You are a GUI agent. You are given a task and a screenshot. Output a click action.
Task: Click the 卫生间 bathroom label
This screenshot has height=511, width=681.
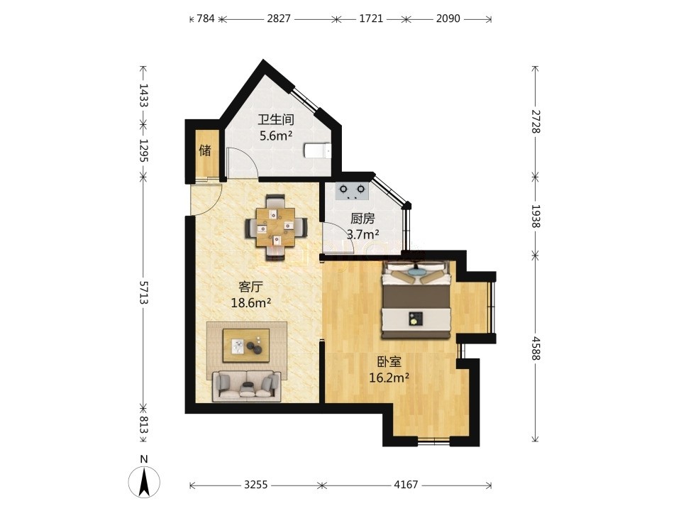tap(276, 119)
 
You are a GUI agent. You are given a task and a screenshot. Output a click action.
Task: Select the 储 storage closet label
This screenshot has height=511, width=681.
tap(205, 150)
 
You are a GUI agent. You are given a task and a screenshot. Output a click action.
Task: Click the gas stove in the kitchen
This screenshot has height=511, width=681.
tap(353, 191)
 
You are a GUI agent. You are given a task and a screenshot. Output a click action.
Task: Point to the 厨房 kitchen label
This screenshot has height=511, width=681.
tap(362, 218)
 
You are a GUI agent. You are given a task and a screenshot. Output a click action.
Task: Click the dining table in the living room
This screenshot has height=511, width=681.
tap(275, 228)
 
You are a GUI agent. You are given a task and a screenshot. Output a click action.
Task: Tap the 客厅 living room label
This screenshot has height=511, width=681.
tap(251, 287)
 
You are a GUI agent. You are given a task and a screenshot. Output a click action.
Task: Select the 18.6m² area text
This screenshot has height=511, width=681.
tap(251, 303)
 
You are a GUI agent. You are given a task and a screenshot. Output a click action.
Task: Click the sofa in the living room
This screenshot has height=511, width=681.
tap(246, 386)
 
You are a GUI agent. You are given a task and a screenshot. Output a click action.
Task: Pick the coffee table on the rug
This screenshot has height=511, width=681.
tap(246, 345)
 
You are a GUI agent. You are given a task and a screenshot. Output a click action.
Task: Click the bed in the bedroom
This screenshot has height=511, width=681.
tap(416, 299)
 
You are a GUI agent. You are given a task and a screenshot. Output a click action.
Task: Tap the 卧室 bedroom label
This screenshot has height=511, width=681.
tap(389, 361)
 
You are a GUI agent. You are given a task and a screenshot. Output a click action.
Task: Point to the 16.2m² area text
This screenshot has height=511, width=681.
tap(389, 378)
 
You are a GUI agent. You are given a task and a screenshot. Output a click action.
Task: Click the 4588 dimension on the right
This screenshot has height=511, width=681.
tap(535, 348)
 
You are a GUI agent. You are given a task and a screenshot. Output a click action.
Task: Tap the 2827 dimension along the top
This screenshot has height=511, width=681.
tap(278, 18)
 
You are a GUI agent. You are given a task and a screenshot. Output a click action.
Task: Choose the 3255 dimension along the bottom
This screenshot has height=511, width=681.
tap(255, 485)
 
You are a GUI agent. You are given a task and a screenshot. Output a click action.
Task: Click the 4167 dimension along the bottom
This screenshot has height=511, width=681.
tap(406, 485)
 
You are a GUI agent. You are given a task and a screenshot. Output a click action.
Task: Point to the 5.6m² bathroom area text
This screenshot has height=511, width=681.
tap(276, 136)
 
